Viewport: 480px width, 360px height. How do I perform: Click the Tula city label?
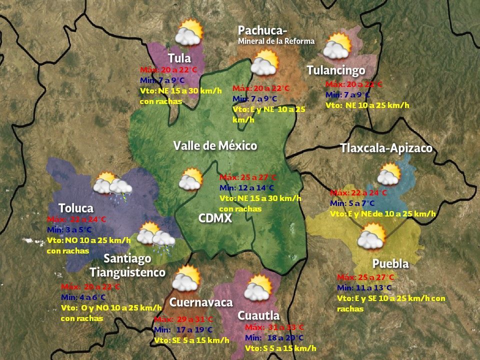tap(179, 57)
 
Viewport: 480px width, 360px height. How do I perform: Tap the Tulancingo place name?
tap(335, 70)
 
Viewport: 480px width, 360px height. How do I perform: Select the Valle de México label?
tap(215, 146)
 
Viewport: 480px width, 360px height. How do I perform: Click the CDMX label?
tap(214, 218)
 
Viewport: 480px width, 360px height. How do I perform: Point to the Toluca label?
tap(75, 207)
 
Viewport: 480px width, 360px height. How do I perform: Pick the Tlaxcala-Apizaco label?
tap(386, 148)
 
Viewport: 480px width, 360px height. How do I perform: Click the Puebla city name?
tap(390, 263)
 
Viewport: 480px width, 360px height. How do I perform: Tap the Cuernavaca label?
tap(201, 302)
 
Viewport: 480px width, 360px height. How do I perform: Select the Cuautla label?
tap(258, 315)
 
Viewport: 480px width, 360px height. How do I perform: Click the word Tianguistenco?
tap(127, 272)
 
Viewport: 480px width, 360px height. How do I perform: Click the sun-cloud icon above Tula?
tap(188, 32)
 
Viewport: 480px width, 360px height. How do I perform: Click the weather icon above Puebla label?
tap(371, 236)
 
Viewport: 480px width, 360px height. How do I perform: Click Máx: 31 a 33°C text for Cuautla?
tap(274, 327)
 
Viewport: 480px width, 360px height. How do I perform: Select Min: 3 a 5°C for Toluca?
tap(69, 229)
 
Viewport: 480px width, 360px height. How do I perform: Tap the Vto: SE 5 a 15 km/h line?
tap(191, 340)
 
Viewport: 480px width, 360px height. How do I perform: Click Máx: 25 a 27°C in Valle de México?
tap(247, 177)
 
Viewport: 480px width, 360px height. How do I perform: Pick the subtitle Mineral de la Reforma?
tap(276, 41)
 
